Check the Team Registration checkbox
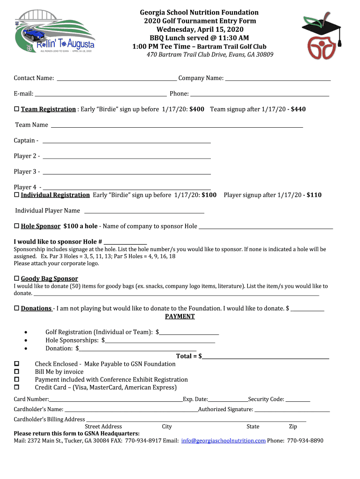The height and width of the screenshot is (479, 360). click(16, 109)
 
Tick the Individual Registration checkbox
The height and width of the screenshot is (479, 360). click(16, 195)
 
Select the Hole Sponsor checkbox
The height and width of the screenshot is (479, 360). click(16, 226)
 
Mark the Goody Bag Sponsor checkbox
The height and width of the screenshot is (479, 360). click(16, 278)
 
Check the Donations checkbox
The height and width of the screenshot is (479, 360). click(16, 308)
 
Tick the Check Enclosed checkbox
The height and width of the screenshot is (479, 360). click(16, 363)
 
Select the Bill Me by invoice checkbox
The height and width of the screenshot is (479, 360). click(16, 371)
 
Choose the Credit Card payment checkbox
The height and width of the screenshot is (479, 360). click(16, 387)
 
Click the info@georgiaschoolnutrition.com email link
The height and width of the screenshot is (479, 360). click(223, 441)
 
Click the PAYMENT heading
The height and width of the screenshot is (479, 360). click(180, 316)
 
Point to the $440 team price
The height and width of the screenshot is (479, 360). click(298, 109)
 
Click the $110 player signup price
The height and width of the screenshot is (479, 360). click(314, 195)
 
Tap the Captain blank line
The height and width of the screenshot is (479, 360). click(126, 141)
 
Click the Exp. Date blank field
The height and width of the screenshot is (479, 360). click(228, 400)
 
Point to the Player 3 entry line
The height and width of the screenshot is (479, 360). click(126, 173)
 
